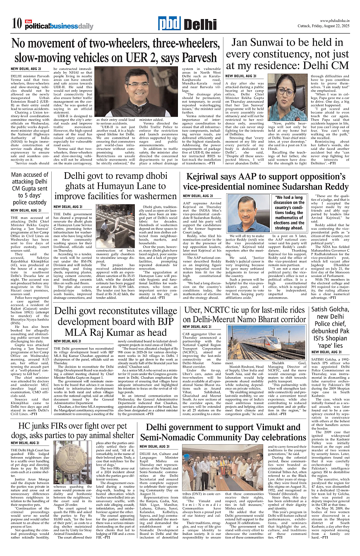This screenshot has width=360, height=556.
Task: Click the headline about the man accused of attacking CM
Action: [x=29, y=189]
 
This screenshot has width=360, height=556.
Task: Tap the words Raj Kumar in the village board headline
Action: [x=108, y=332]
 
